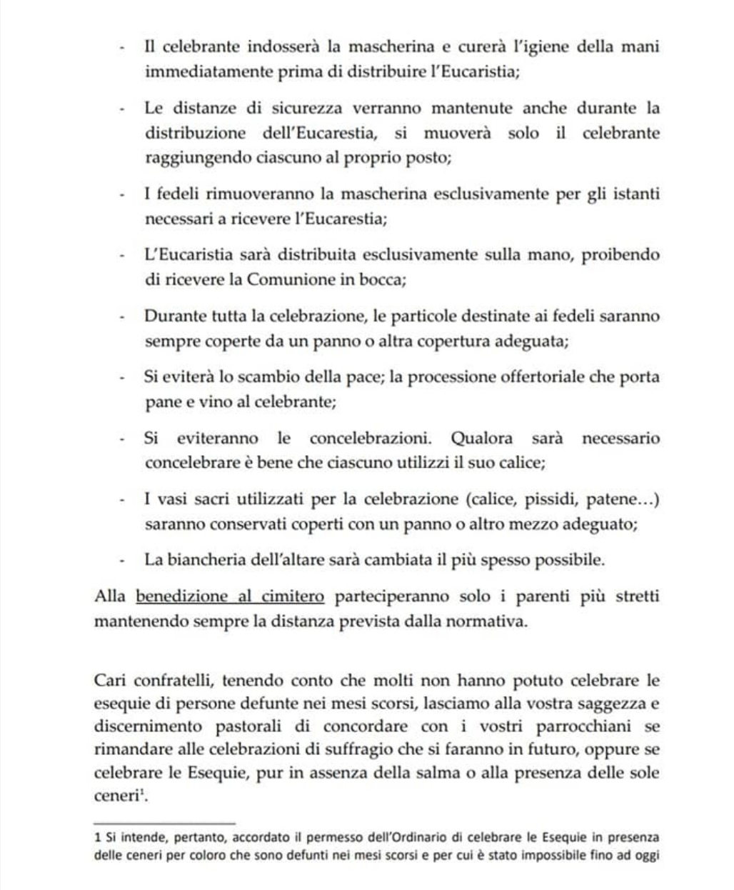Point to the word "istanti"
point(635,194)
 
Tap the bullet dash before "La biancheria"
point(124,561)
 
